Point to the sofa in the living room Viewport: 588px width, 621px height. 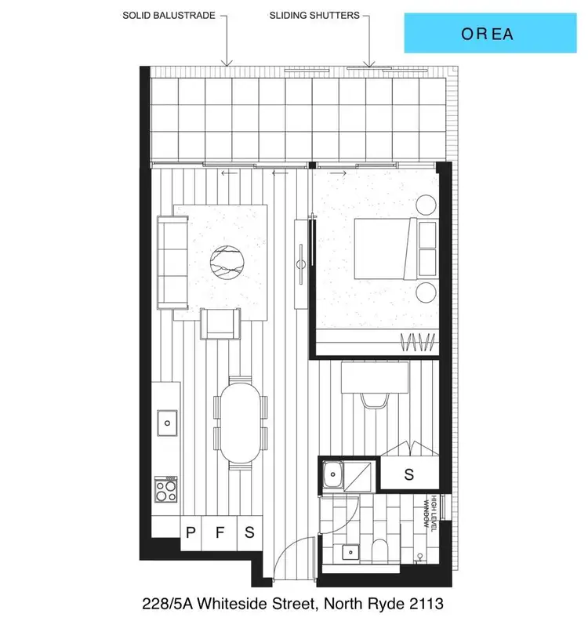[x=172, y=262]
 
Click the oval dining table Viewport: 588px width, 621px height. [x=239, y=420]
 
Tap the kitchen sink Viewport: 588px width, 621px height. [x=166, y=423]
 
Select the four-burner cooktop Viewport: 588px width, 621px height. [x=165, y=490]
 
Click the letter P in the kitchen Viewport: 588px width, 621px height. [x=190, y=532]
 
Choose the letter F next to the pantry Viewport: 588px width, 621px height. [x=220, y=532]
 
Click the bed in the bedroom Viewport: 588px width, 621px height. [x=383, y=248]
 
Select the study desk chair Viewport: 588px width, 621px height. [x=374, y=400]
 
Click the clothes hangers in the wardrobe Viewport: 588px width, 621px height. [x=416, y=342]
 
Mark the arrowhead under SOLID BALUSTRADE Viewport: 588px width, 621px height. [x=227, y=63]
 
